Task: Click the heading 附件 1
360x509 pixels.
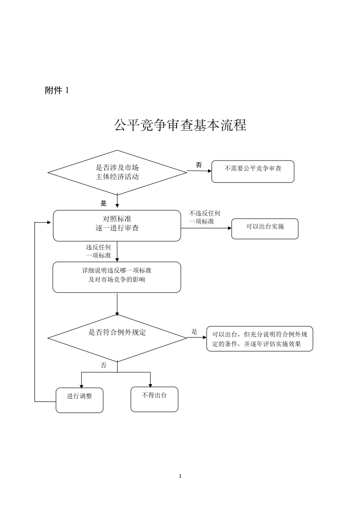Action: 57,90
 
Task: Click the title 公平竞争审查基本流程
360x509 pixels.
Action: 180,125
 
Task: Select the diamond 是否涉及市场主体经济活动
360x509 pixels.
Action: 117,172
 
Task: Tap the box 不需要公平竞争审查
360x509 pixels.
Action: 253,171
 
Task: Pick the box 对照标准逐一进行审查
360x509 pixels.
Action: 117,225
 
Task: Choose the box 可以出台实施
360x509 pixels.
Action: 265,229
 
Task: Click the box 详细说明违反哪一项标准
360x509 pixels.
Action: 117,277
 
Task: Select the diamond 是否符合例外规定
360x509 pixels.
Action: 117,338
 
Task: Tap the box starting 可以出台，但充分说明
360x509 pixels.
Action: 260,339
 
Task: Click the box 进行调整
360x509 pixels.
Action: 79,400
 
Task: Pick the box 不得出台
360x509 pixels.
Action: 154,399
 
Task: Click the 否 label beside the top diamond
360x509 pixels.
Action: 199,165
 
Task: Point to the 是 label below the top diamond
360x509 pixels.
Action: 104,204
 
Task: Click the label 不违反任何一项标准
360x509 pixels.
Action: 205,217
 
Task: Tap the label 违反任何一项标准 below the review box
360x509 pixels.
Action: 99,251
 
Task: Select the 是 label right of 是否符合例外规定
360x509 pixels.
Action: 194,332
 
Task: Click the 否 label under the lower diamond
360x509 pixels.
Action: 104,365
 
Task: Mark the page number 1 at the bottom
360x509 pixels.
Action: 180,476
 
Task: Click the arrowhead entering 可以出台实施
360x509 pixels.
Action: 230,228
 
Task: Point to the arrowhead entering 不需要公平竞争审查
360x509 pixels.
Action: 210,171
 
